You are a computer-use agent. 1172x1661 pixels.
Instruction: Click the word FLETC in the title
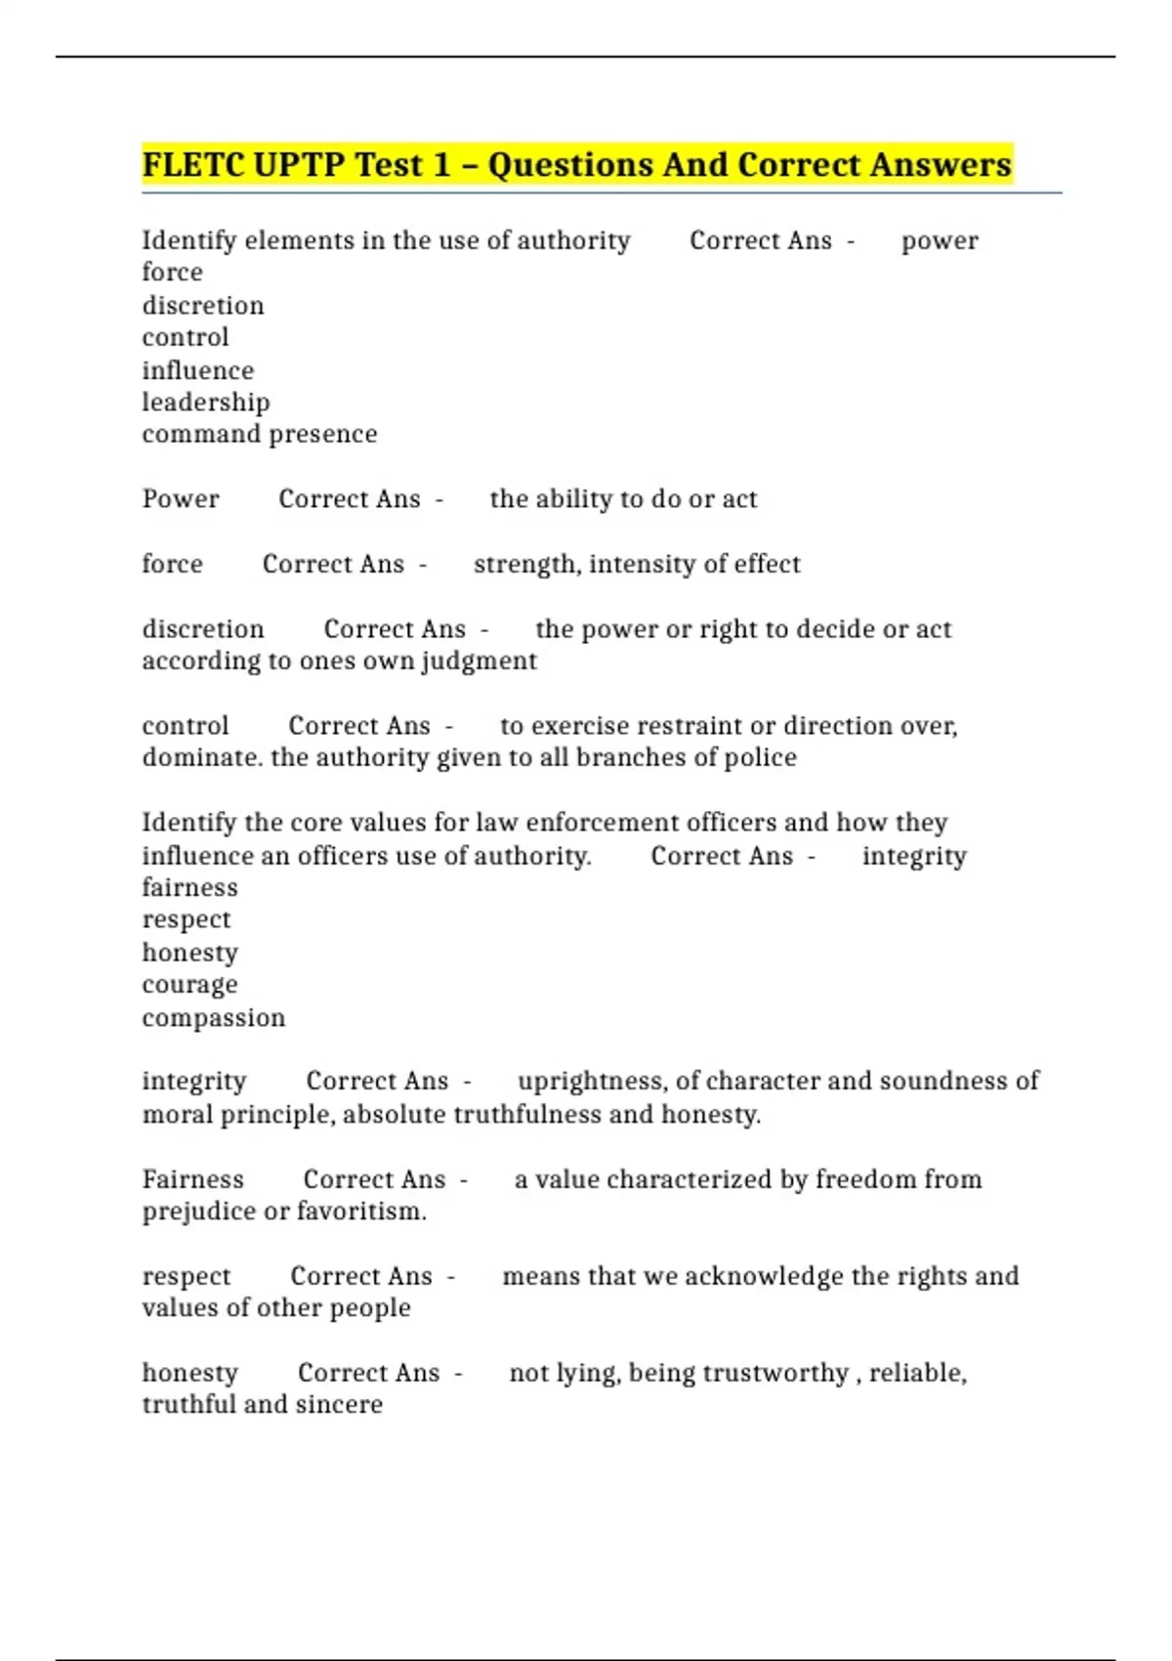click(x=192, y=164)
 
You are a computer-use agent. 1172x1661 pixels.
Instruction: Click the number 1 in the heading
click(x=440, y=164)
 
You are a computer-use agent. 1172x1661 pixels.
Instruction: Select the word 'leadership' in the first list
click(x=206, y=403)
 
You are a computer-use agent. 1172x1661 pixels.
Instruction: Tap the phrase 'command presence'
click(x=260, y=434)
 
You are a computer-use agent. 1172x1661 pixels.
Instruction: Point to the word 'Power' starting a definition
click(x=181, y=499)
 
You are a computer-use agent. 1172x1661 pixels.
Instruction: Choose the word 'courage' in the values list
click(x=189, y=985)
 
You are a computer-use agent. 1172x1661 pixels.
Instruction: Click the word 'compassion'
click(x=214, y=1018)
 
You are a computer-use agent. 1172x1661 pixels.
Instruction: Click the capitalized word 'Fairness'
click(x=192, y=1179)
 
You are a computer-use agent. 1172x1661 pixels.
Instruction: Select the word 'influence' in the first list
click(x=198, y=370)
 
